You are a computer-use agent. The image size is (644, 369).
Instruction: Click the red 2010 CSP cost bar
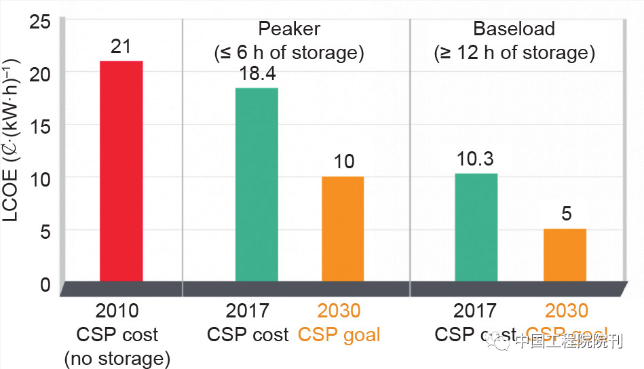121,171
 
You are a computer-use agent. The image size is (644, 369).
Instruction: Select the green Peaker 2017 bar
257,184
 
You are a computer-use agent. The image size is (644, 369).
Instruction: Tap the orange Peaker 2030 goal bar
343,229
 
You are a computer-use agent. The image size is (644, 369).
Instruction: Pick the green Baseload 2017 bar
476,227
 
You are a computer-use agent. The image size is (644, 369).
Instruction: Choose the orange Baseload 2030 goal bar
565,255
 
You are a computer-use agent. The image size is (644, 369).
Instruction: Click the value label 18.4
257,73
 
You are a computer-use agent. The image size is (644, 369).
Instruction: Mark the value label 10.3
475,159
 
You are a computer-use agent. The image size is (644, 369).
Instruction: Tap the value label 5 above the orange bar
566,215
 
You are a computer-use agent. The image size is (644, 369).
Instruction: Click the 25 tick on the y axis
41,20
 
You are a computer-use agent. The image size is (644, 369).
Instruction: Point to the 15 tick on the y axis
41,125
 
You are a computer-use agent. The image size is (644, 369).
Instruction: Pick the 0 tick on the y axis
45,284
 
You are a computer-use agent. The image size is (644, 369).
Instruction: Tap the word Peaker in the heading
289,29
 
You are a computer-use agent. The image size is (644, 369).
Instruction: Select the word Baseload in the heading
514,29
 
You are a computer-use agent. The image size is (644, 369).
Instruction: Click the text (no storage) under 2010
117,358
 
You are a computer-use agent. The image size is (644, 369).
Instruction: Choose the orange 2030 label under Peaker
339,311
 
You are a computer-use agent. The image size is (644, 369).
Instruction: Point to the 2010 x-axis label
117,311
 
